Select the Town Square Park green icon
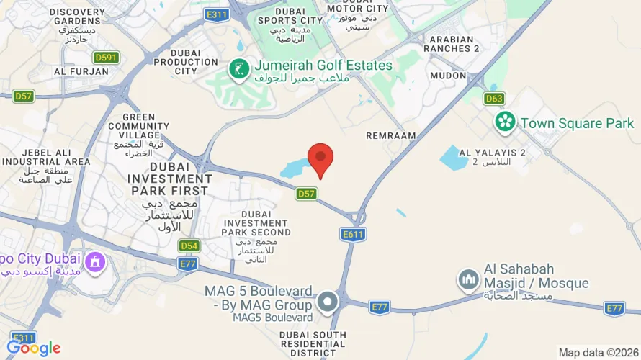pyautogui.click(x=506, y=122)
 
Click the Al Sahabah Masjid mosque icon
pyautogui.click(x=468, y=279)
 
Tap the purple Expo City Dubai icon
pyautogui.click(x=94, y=263)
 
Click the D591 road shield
pyautogui.click(x=105, y=57)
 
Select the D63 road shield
pyautogui.click(x=495, y=99)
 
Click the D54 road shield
pyautogui.click(x=189, y=246)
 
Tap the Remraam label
pyautogui.click(x=391, y=135)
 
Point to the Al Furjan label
pyautogui.click(x=81, y=72)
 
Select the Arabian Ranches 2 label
pyautogui.click(x=454, y=44)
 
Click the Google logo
pyautogui.click(x=34, y=348)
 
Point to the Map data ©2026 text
pyautogui.click(x=597, y=352)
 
